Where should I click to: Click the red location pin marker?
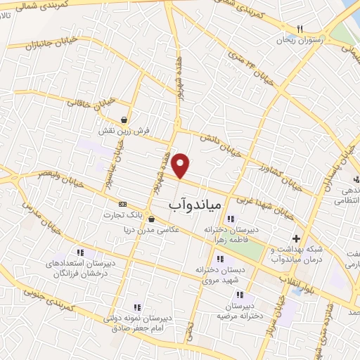(181, 165)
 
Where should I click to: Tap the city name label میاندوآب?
(196, 204)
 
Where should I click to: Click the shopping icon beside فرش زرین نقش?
(124, 120)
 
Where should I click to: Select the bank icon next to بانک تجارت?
(124, 204)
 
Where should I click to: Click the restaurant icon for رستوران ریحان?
(300, 29)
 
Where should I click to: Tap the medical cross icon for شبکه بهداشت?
(297, 238)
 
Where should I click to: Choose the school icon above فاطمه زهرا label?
(231, 219)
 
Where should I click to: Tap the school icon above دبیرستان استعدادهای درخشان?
(81, 252)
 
